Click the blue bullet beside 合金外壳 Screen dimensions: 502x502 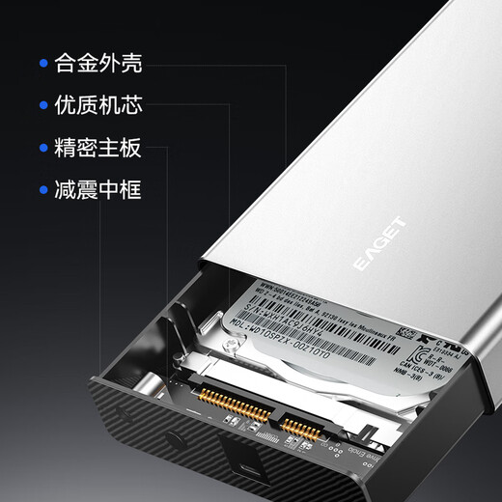43,66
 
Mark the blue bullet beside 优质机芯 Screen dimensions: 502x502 43,106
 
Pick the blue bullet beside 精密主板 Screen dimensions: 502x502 43,148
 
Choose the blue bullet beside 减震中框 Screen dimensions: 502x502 43,189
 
